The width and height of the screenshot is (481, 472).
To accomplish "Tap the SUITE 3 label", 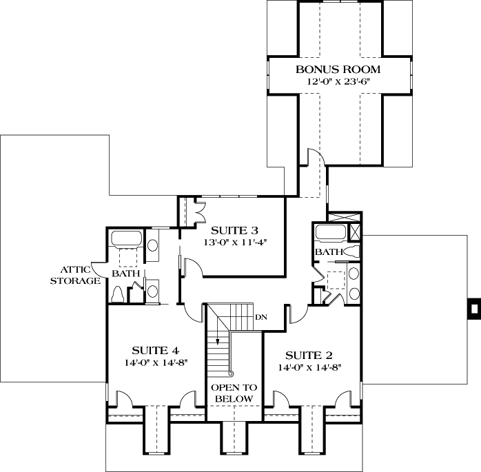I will [x=234, y=230].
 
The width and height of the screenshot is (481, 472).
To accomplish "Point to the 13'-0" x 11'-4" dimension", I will [x=234, y=243].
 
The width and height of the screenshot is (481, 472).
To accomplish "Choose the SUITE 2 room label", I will [x=309, y=355].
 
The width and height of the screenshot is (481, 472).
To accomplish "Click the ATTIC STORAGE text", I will [x=81, y=275].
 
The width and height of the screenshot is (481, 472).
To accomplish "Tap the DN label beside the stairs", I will [x=261, y=317].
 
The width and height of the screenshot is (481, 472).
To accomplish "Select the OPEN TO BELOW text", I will [x=233, y=393].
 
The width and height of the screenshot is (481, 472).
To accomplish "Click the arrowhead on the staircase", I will [x=218, y=339].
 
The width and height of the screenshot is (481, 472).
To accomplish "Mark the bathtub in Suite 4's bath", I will [x=125, y=240].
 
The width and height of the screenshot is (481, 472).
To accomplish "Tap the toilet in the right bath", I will [x=351, y=252].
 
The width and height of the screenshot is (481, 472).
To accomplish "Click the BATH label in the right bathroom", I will [x=328, y=253].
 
